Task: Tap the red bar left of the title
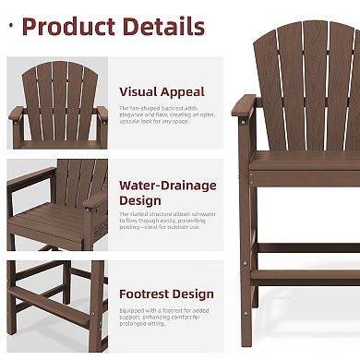12,25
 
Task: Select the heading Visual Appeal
162,91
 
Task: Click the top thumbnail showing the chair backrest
57,104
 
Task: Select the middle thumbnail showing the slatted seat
57,205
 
